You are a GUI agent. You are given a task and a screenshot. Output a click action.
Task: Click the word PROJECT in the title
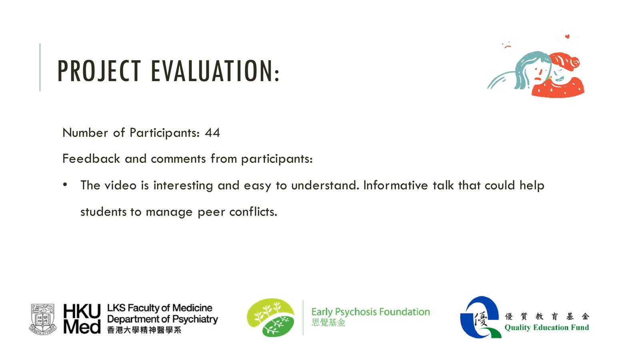(99, 71)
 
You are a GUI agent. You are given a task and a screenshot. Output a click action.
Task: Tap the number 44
(212, 132)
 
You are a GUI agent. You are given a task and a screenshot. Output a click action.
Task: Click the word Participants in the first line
(164, 133)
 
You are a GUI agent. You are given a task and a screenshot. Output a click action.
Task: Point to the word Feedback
(91, 158)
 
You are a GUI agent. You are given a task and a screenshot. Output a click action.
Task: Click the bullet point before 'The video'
(65, 184)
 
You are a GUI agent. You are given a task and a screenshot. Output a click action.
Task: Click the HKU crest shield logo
(42, 319)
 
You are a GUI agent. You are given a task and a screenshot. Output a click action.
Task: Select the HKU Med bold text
(82, 318)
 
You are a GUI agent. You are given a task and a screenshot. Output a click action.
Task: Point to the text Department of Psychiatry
(162, 319)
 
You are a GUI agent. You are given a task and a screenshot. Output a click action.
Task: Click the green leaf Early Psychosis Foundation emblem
(270, 318)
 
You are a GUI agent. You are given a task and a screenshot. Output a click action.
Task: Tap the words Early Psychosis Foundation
(370, 312)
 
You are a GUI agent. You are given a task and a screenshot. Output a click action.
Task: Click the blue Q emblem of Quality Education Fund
(480, 317)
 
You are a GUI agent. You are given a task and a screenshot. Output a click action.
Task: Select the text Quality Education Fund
(546, 328)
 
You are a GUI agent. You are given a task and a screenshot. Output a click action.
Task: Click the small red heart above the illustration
(567, 36)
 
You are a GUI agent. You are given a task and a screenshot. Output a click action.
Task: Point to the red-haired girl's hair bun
(574, 62)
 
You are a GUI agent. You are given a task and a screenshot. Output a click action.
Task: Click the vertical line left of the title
(40, 68)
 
